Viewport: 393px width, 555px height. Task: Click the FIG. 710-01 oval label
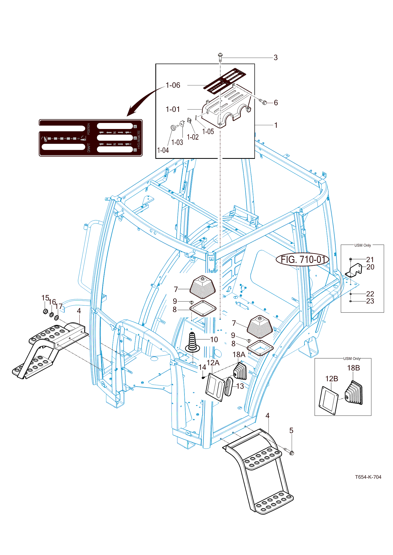click(x=303, y=260)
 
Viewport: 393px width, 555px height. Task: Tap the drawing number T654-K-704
click(x=368, y=477)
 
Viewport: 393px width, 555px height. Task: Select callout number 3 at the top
click(x=276, y=58)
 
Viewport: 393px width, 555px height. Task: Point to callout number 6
click(x=276, y=103)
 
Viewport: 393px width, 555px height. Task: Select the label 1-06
click(x=173, y=85)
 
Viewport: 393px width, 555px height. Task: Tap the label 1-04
click(x=163, y=150)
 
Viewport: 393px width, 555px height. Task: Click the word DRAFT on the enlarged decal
click(x=89, y=148)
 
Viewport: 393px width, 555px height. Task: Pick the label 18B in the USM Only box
click(x=353, y=368)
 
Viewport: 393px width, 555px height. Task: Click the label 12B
click(x=331, y=379)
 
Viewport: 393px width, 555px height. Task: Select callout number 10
click(x=214, y=339)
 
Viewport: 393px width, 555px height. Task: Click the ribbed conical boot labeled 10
click(x=192, y=342)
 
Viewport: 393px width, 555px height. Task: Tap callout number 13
click(x=240, y=386)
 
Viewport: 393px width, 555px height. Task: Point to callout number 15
click(x=45, y=298)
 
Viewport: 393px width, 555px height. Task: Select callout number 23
click(x=370, y=301)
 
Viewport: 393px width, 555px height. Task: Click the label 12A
click(x=213, y=363)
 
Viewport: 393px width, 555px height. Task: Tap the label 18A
click(x=239, y=355)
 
